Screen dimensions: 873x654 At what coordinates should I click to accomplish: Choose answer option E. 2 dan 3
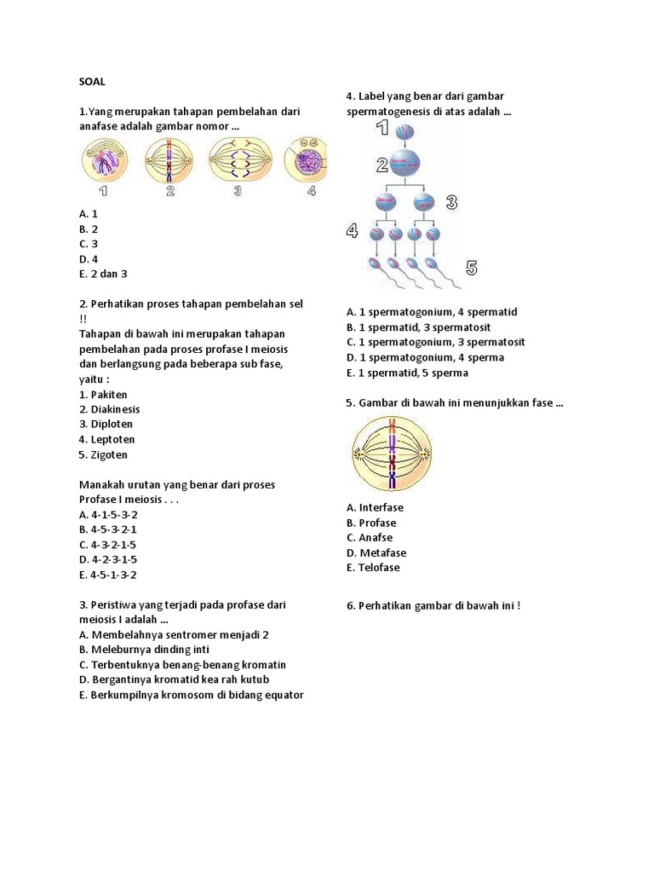tap(103, 274)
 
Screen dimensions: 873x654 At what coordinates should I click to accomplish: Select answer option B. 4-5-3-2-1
tap(107, 529)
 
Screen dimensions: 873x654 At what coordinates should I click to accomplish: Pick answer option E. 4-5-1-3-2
tap(107, 575)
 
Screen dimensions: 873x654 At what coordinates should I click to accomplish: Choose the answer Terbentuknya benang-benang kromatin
tap(182, 665)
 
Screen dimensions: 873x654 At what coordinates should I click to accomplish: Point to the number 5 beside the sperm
tap(471, 268)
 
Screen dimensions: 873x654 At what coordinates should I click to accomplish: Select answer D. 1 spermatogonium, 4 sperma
tap(425, 357)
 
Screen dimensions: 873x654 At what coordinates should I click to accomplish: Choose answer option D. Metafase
tap(376, 552)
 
